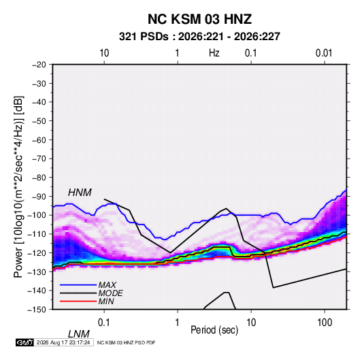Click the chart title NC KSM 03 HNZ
199,19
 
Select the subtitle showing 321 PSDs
199,37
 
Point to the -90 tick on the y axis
37,196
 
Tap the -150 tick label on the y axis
37,310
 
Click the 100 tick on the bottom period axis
325,323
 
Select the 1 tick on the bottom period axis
178,323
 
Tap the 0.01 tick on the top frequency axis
324,53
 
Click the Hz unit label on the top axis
214,53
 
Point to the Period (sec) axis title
214,330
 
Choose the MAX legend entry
107,284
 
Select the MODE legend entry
110,293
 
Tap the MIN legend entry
106,301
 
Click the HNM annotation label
80,193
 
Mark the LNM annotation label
78,334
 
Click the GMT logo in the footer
25,342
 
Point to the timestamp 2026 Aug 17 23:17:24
63,342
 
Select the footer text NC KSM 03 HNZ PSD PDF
126,342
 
